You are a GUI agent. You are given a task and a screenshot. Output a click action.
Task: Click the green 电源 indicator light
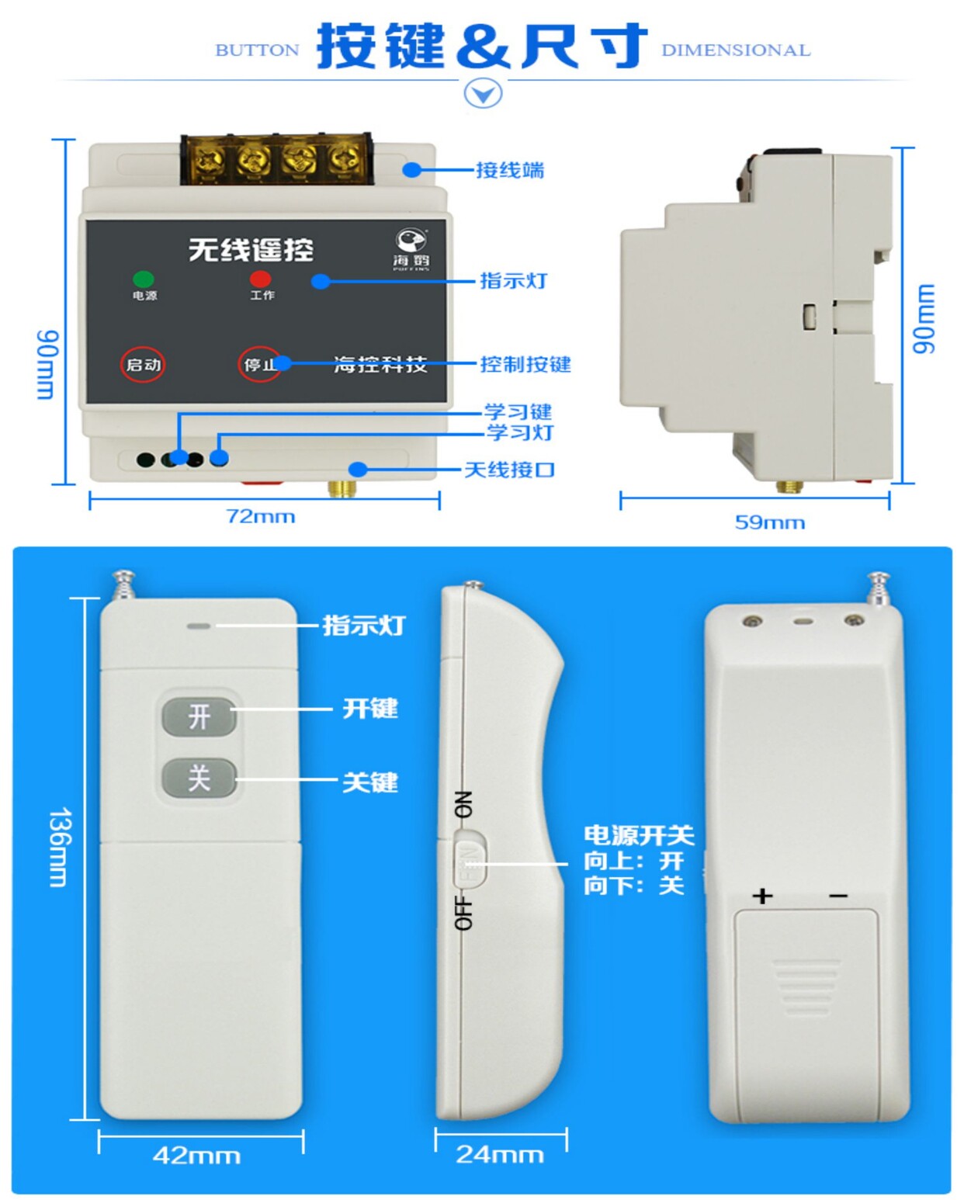[x=144, y=279]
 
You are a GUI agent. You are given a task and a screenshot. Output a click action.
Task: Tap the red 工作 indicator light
[x=261, y=279]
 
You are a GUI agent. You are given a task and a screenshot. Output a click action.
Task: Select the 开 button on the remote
[x=199, y=716]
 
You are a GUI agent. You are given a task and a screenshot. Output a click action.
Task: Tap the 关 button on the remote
[x=199, y=778]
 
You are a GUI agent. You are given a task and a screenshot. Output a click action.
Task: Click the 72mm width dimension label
[x=261, y=517]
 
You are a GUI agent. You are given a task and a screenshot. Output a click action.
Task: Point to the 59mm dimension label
[x=769, y=522]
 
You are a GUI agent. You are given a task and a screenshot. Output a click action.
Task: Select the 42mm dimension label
[x=196, y=1156]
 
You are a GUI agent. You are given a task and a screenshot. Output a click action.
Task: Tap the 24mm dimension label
[x=500, y=1154]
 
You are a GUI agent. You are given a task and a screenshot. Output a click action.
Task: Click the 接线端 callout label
[x=510, y=170]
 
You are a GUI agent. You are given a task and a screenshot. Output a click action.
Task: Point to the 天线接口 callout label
[x=509, y=470]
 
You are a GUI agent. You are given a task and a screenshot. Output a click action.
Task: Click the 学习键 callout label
[x=518, y=411]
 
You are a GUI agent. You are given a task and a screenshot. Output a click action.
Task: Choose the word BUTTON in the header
[x=257, y=50]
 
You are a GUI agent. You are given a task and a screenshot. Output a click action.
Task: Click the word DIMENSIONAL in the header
[x=736, y=50]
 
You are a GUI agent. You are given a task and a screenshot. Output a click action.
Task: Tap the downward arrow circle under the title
[x=483, y=94]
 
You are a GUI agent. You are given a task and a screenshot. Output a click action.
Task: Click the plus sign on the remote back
[x=763, y=896]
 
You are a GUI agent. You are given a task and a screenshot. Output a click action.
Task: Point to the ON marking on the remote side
[x=463, y=804]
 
